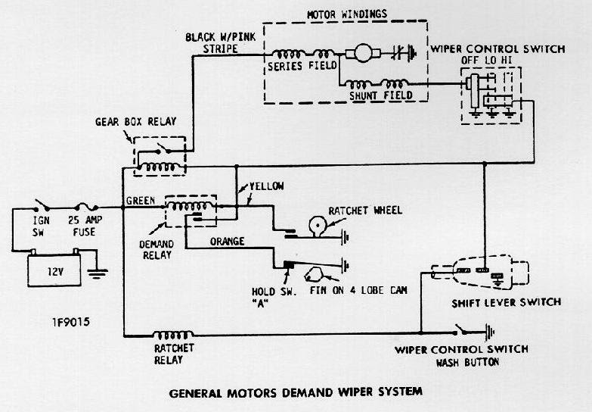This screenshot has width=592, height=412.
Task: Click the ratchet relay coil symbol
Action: [173, 334]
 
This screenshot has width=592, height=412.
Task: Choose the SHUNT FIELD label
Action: [382, 95]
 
